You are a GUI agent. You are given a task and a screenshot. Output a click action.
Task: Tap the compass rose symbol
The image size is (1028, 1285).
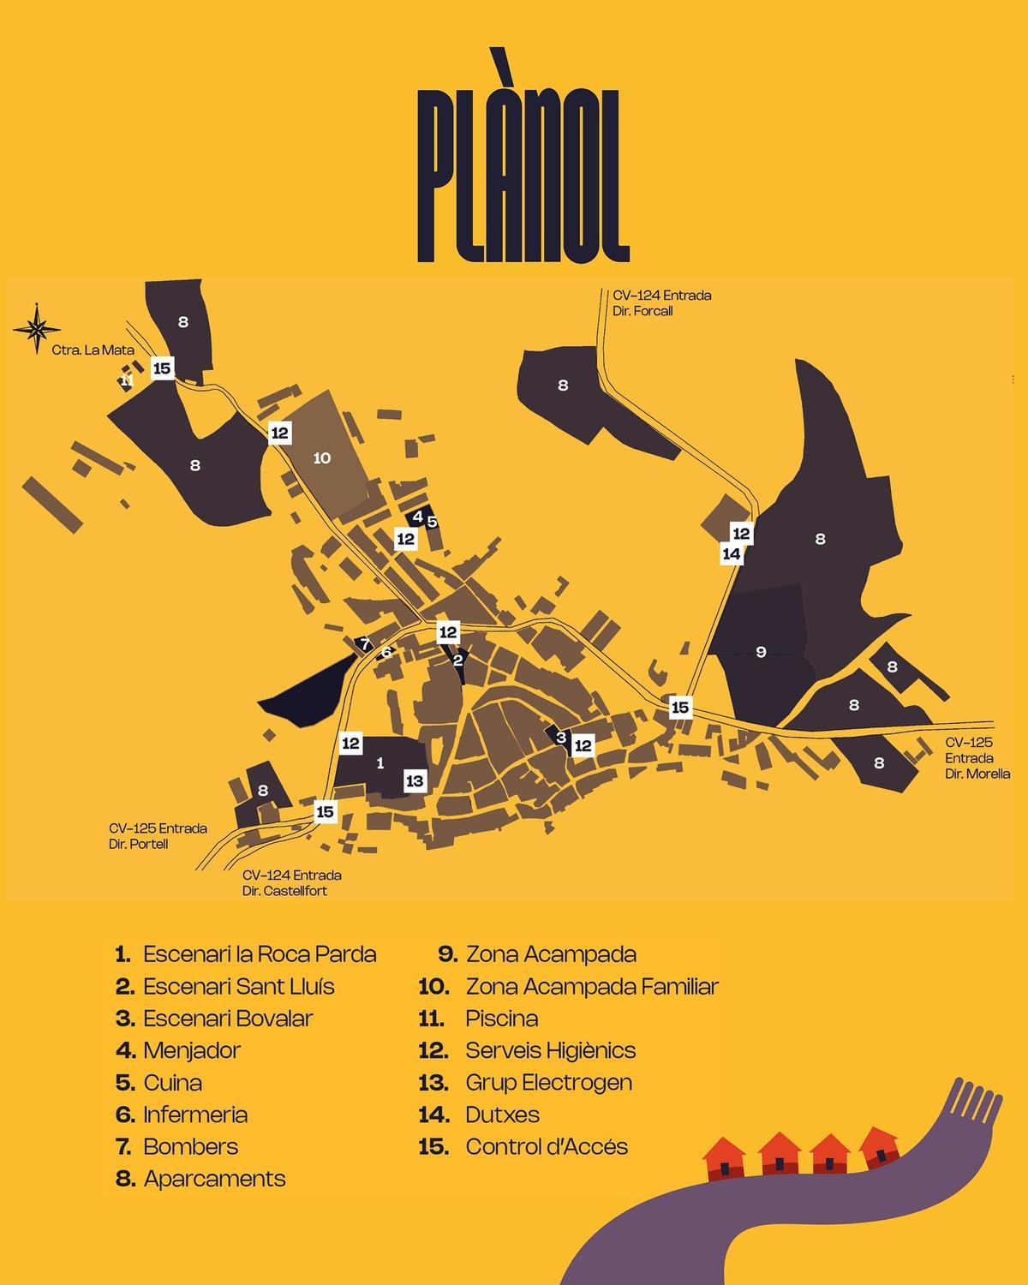[x=38, y=328]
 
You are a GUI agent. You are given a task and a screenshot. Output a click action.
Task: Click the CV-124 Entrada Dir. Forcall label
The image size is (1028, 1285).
[x=661, y=303]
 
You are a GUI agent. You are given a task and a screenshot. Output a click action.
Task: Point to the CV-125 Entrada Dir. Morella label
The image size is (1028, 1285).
[x=977, y=758]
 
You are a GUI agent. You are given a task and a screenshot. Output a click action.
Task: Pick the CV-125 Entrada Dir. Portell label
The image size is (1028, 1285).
[x=158, y=836]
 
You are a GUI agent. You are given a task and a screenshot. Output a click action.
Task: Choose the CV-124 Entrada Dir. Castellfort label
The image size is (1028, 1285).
[x=291, y=882]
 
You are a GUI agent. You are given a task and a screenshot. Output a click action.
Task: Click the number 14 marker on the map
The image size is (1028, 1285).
[x=732, y=554]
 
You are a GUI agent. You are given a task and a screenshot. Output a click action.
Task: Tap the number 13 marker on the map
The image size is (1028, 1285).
[x=415, y=780]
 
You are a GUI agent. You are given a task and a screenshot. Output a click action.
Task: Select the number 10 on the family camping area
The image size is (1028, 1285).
[x=322, y=458]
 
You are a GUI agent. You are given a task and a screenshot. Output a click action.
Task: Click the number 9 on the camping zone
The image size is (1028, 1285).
[x=761, y=652]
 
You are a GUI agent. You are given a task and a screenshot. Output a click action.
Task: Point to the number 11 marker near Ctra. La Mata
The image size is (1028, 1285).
[x=127, y=380]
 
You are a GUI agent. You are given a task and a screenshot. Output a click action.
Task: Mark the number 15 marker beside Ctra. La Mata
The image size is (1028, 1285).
[x=162, y=368]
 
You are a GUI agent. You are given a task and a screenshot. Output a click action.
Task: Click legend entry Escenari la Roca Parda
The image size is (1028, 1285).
[x=259, y=954]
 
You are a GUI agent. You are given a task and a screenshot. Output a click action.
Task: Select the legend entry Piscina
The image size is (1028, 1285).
[x=501, y=1019]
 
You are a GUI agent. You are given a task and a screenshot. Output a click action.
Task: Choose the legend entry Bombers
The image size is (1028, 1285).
[x=190, y=1146]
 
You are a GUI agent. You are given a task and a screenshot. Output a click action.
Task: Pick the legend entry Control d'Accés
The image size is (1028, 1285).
[x=546, y=1146]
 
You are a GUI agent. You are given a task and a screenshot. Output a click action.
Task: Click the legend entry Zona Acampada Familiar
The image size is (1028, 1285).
[x=591, y=986]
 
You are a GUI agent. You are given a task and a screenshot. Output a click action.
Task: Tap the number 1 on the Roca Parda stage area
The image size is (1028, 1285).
[x=380, y=762]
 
